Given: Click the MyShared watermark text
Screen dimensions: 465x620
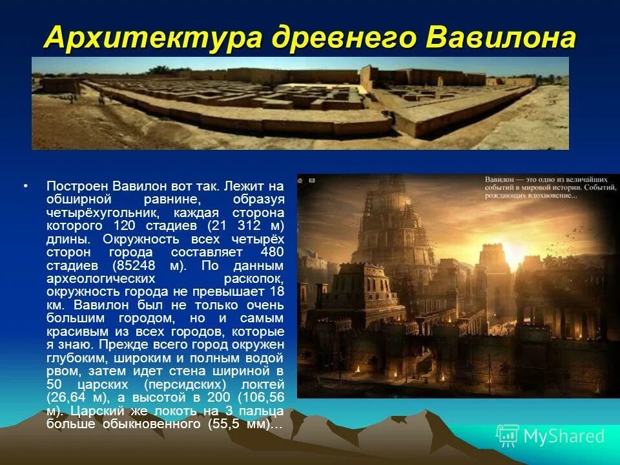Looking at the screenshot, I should tap(564, 437).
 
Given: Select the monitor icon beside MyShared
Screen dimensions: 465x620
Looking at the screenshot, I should tap(507, 437).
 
